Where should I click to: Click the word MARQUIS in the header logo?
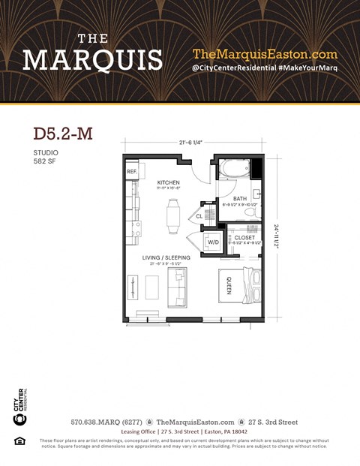click(93, 59)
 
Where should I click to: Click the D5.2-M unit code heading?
click(63, 134)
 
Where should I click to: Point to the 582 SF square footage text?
click(44, 161)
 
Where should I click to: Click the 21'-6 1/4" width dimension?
click(191, 143)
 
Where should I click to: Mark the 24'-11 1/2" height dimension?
click(277, 237)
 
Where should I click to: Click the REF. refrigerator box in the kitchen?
click(131, 172)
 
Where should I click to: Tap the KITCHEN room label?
click(168, 183)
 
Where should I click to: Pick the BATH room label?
click(239, 199)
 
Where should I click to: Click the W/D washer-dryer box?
click(213, 242)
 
